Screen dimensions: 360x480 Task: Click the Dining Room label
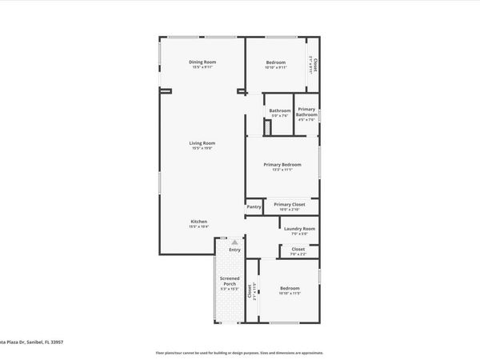click(202, 62)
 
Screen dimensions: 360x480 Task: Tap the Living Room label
click(202, 143)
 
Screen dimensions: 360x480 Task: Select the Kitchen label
click(198, 221)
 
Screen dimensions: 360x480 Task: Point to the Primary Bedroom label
click(282, 164)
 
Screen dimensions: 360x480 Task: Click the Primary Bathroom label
click(307, 112)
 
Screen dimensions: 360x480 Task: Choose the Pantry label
click(254, 207)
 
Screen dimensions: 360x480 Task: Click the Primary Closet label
click(289, 205)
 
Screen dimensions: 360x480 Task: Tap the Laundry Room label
click(299, 229)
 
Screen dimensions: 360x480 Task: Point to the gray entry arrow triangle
click(234, 241)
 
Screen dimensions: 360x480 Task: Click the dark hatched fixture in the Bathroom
click(268, 128)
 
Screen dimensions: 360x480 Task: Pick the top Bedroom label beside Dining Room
click(275, 62)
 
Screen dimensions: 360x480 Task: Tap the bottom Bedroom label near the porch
click(289, 288)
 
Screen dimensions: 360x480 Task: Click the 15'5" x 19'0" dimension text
click(202, 149)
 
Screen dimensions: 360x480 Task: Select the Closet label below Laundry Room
click(298, 249)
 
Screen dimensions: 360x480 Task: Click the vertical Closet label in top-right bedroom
click(315, 64)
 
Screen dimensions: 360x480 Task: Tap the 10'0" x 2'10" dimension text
click(289, 210)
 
